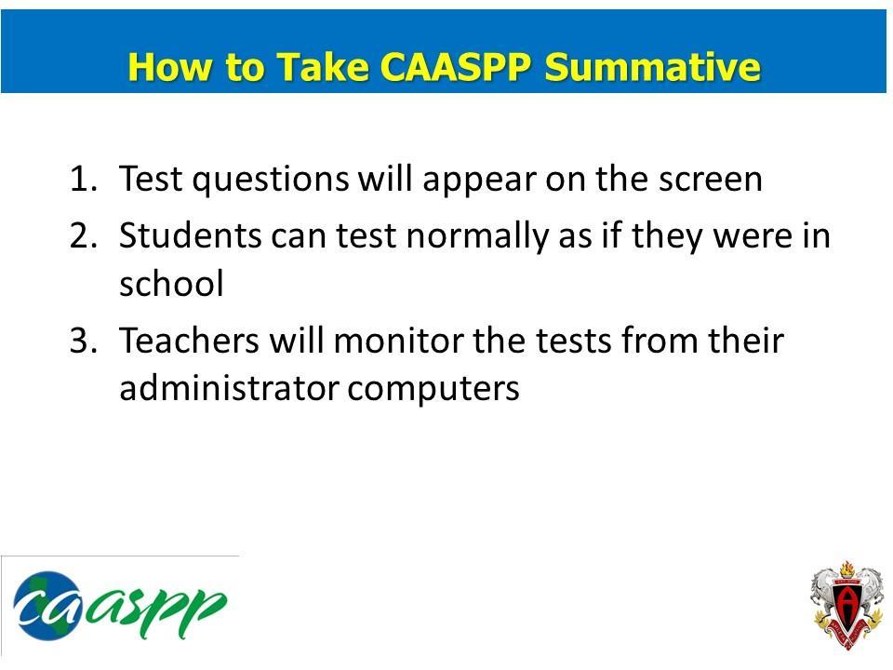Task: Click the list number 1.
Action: click(84, 179)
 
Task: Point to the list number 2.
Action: click(84, 235)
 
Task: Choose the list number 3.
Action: click(84, 341)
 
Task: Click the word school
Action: click(171, 284)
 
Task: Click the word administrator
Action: click(228, 388)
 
